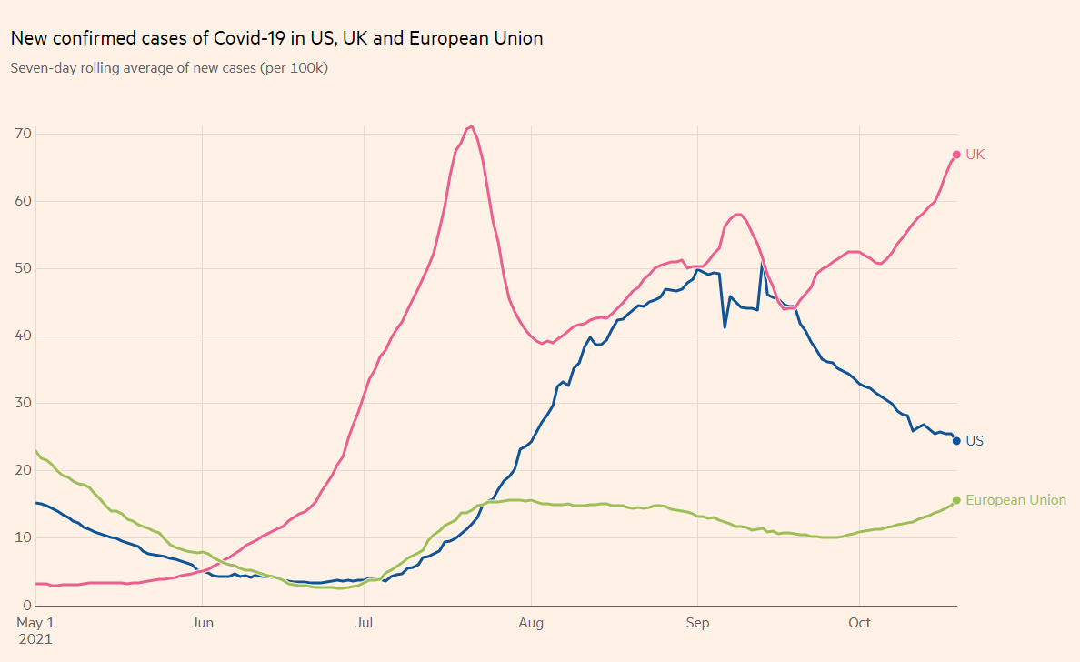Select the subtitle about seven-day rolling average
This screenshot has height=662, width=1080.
[169, 68]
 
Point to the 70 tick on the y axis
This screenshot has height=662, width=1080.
[23, 134]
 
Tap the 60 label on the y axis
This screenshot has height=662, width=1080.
[23, 201]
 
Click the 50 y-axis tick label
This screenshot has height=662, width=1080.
[23, 268]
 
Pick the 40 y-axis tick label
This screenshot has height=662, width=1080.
[23, 336]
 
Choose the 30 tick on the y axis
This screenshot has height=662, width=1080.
[23, 403]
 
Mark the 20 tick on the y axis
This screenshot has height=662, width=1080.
[23, 470]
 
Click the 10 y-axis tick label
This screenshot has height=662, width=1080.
[23, 537]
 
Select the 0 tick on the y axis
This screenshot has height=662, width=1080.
[26, 605]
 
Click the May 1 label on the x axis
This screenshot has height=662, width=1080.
[36, 623]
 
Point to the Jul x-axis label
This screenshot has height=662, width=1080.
[364, 623]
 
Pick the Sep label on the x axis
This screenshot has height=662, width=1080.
[697, 623]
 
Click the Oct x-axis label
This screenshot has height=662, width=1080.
[859, 623]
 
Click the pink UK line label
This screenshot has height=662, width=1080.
[975, 155]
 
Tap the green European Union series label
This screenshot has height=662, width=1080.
[1015, 500]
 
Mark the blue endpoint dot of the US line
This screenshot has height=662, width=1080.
[956, 441]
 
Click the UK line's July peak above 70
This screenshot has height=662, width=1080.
[472, 126]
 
